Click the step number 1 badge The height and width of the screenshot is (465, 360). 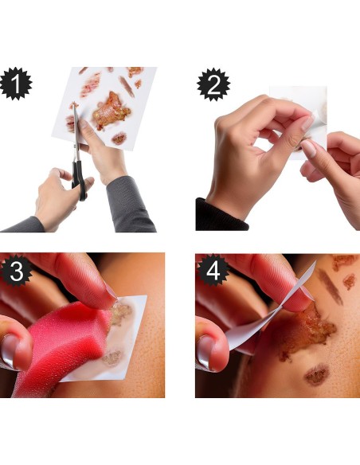[15, 84]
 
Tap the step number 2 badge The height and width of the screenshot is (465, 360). [213, 84]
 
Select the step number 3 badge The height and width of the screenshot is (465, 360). [15, 271]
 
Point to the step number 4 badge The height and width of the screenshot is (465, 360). [213, 271]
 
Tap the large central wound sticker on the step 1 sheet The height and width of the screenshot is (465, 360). [111, 111]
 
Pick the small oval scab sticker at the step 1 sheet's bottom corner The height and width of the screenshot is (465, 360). [119, 139]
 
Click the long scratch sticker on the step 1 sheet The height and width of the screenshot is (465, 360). [127, 86]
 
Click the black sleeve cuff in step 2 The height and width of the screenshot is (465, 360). [220, 216]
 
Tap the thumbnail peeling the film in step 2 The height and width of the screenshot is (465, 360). [308, 148]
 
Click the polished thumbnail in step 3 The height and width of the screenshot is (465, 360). [9, 352]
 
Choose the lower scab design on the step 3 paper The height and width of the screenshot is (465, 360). [112, 358]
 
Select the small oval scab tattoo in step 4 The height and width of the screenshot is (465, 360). [317, 374]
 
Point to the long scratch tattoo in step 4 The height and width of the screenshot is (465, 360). [331, 287]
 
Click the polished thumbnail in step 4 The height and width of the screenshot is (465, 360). [205, 352]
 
